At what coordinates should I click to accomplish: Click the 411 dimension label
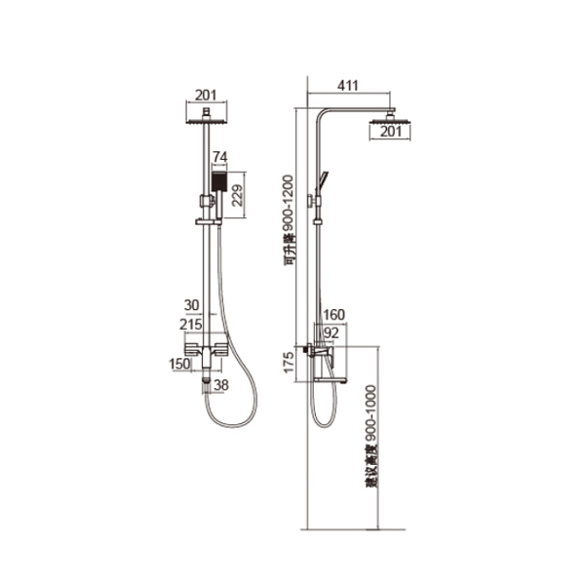click(347, 86)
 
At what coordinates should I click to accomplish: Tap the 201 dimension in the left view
click(206, 96)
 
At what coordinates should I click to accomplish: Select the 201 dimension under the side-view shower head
click(391, 132)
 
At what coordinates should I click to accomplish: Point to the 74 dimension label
click(219, 157)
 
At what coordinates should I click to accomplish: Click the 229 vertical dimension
click(237, 195)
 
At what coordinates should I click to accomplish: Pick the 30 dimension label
click(191, 305)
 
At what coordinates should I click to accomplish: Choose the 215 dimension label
click(191, 325)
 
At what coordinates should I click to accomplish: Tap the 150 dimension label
click(179, 364)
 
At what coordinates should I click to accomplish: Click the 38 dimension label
click(221, 385)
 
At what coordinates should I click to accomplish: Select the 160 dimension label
click(333, 315)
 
